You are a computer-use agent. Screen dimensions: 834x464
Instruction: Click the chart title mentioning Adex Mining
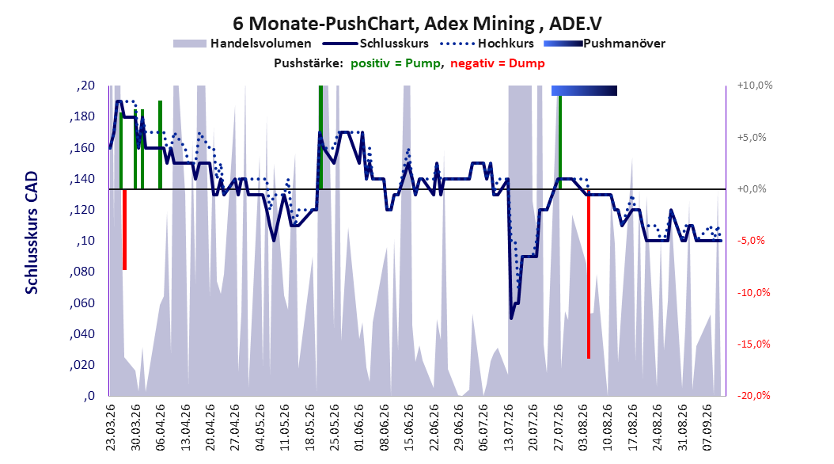point(418,24)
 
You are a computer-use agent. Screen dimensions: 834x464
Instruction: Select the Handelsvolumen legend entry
point(243,44)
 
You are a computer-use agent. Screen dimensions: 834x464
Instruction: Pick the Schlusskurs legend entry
point(376,44)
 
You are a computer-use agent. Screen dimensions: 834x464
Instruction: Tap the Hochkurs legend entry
point(487,44)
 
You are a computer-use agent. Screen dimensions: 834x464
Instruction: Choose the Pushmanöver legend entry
point(605,44)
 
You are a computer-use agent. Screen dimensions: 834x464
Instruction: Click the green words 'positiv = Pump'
point(396,63)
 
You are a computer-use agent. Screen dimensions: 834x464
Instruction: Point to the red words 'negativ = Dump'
point(498,63)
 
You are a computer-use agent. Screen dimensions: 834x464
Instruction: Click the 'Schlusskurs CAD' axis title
point(32,233)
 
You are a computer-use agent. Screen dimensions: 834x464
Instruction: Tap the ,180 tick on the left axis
point(82,117)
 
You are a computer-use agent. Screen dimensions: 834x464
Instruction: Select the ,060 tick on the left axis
point(82,303)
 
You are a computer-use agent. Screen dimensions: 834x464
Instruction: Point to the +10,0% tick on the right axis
point(755,86)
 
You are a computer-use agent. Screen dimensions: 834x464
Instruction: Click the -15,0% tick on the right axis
point(753,344)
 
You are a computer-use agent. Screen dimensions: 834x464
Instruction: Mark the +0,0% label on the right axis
point(752,189)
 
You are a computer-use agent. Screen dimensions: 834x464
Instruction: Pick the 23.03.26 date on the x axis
point(111,428)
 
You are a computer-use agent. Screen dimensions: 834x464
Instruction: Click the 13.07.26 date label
point(508,428)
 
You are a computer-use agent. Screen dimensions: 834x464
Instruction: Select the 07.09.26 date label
point(707,428)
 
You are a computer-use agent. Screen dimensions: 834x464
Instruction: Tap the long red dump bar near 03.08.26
point(588,273)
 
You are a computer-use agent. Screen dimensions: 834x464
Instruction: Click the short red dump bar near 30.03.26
point(124,230)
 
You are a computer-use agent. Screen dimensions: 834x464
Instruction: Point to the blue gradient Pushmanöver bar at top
point(584,90)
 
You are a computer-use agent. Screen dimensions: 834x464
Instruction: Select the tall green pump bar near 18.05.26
point(320,137)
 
